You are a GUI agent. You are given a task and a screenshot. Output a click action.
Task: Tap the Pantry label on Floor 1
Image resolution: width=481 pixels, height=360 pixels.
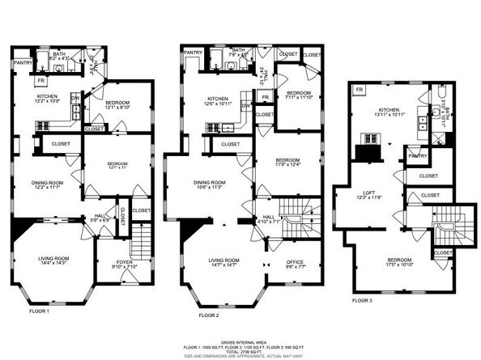23,62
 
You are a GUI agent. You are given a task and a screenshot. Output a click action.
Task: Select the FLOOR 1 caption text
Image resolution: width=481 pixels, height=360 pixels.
40,311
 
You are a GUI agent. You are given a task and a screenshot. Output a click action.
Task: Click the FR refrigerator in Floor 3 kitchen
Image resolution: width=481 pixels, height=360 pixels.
359,88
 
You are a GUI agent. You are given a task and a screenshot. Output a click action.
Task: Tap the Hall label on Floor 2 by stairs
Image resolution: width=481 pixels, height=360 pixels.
268,219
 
